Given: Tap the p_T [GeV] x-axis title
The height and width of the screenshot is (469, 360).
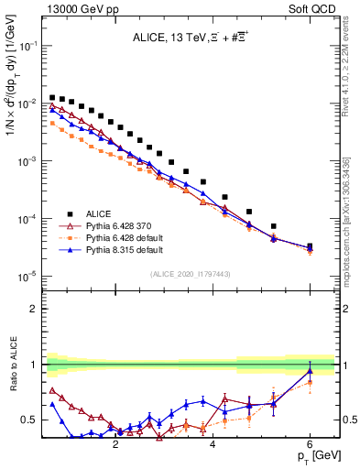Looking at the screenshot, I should [x=314, y=455].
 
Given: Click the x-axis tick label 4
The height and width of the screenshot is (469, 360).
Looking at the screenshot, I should [x=213, y=444].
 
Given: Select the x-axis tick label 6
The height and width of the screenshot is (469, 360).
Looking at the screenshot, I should [x=310, y=444].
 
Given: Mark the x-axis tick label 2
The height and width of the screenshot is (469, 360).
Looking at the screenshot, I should [x=115, y=444].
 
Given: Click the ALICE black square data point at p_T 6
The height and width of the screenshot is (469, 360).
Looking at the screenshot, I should [x=310, y=246].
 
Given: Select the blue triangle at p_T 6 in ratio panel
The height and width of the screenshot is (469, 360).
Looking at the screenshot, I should [x=310, y=371].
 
